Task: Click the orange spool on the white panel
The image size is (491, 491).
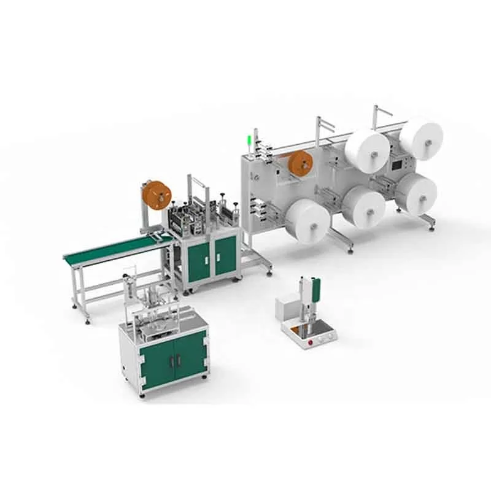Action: tap(301, 164)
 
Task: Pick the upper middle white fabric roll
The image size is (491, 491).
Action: tap(367, 151)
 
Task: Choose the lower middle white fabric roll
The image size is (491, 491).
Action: tap(363, 207)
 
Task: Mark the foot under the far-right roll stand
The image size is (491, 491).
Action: tap(432, 229)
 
